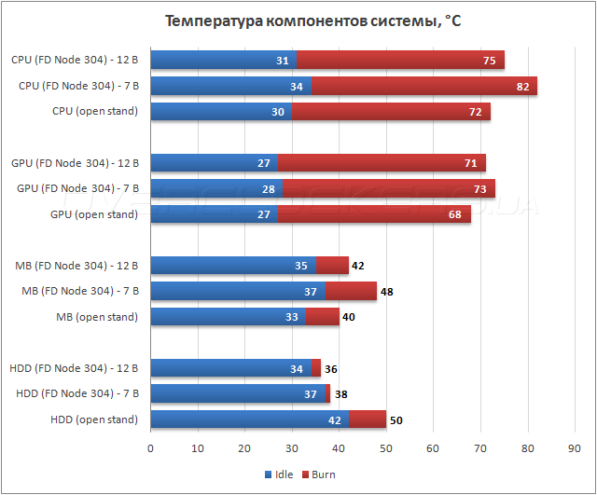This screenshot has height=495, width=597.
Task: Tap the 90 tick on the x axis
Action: [575, 448]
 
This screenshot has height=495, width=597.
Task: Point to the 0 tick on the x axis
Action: [151, 448]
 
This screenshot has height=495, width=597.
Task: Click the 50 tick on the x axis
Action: [386, 448]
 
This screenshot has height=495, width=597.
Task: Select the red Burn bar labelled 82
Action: [424, 87]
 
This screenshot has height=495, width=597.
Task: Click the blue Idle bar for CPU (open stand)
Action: [221, 112]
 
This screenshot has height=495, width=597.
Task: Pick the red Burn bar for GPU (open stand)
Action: [374, 214]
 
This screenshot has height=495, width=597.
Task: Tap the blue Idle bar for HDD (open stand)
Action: [249, 419]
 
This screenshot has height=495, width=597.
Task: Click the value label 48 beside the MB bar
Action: [386, 292]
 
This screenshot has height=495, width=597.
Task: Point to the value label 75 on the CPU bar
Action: [489, 61]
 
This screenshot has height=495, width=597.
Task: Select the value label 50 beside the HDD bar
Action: [396, 420]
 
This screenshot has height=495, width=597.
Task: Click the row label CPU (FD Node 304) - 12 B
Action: [75, 60]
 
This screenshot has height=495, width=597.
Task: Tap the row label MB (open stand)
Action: [95, 317]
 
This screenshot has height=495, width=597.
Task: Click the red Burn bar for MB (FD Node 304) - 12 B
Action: [332, 266]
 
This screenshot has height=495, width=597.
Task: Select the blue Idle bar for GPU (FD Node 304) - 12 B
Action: [214, 163]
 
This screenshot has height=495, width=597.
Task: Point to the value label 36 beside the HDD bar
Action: [329, 368]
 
